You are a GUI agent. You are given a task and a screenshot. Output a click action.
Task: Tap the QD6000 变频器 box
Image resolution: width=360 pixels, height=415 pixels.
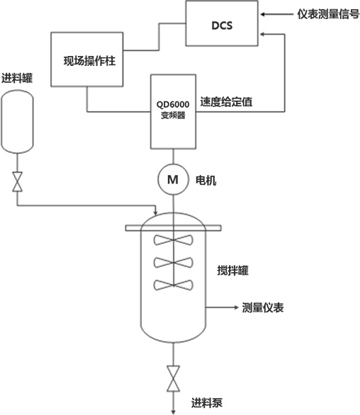(x=171, y=110)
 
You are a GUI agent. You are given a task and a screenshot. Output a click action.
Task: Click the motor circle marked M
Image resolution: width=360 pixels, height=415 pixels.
(x=171, y=180)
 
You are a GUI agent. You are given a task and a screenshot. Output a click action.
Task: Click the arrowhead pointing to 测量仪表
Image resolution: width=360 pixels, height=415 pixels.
(x=234, y=308)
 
